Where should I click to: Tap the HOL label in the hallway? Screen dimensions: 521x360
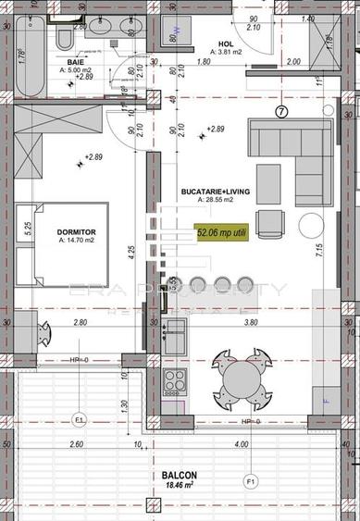click(x=225, y=43)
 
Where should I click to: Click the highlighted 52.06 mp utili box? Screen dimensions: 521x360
click(x=221, y=235)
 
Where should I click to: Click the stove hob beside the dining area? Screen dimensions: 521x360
click(x=174, y=379)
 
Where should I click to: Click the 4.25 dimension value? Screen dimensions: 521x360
click(x=132, y=250)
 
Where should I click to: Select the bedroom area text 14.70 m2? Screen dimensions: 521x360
click(x=78, y=240)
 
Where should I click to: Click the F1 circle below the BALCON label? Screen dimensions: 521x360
click(x=249, y=481)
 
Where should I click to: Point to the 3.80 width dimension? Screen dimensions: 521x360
click(x=249, y=324)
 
